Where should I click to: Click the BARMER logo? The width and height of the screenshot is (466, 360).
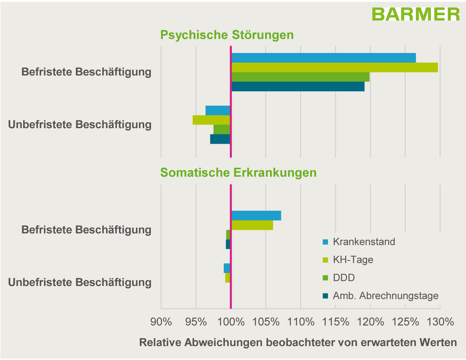415,14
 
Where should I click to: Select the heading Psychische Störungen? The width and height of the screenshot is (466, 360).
227,35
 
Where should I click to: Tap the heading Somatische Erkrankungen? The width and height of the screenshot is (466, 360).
238,173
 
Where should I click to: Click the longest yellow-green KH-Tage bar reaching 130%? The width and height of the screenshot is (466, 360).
334,67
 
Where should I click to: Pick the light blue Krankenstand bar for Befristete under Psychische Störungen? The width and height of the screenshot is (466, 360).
323,58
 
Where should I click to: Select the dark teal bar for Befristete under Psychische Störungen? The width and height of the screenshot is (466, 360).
298,86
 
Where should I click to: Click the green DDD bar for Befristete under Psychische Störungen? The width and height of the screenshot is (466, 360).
300,77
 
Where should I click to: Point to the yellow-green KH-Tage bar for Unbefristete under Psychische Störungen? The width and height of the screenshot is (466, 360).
211,120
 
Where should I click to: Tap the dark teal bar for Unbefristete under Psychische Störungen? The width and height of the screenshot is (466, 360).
220,139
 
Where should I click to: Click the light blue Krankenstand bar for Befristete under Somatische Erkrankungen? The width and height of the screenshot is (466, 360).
256,215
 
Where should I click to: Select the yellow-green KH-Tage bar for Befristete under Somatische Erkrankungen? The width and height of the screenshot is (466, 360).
252,225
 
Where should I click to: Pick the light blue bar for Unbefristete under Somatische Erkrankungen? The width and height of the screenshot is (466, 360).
227,268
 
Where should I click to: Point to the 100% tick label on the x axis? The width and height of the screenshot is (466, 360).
231,322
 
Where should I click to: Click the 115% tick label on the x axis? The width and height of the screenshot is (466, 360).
335,322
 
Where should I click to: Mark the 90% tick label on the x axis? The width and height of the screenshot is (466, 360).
161,322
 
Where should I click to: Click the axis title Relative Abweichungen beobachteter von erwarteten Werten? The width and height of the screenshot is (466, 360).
298,343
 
